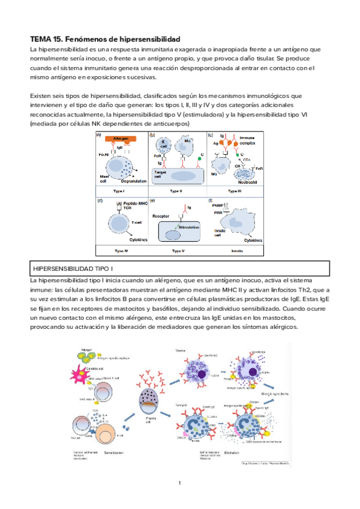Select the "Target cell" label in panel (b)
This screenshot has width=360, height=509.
158,174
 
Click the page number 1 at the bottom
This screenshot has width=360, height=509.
180,484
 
